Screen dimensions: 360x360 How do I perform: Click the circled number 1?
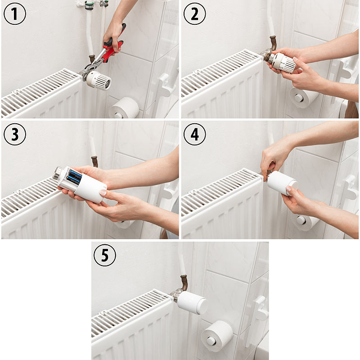pyautogui.click(x=15, y=14)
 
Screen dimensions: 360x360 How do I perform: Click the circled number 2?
pyautogui.click(x=195, y=14)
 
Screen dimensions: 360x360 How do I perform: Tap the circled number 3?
pyautogui.click(x=15, y=134)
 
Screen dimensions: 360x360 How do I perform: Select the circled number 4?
pyautogui.click(x=195, y=134)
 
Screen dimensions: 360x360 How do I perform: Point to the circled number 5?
pyautogui.click(x=105, y=255)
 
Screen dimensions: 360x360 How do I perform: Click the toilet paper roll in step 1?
pyautogui.click(x=125, y=108)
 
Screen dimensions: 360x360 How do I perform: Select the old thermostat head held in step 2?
pyautogui.click(x=283, y=62)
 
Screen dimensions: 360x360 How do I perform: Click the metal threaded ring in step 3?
pyautogui.click(x=57, y=173)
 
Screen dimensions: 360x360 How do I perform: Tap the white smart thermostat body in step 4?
pyautogui.click(x=283, y=183)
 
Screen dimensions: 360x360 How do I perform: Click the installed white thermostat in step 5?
pyautogui.click(x=192, y=302)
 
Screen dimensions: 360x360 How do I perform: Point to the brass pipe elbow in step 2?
pyautogui.click(x=273, y=43)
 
